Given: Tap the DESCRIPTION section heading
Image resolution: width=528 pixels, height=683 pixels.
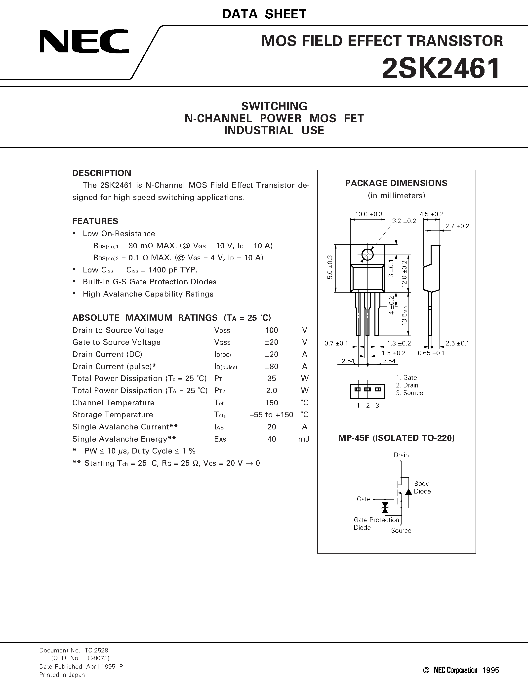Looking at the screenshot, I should pos(102,173).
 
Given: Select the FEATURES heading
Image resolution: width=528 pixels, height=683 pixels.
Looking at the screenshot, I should pos(95,221).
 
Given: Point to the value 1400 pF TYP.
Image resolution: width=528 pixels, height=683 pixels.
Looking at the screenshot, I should pos(162,270).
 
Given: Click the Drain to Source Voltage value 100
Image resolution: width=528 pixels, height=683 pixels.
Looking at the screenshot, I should pos(272,330).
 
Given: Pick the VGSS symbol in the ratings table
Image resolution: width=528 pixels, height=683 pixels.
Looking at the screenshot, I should pos(222,342).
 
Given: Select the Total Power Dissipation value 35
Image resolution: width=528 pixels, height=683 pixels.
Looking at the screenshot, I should pos(272,379).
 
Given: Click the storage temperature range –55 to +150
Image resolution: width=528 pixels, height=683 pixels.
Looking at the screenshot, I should pos(272,415).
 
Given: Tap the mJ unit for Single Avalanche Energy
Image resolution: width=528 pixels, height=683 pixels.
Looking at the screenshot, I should pos(303,439).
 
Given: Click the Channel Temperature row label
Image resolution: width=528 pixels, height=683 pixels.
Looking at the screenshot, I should pos(113,403).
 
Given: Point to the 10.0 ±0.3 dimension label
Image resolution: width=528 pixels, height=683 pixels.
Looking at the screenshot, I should pos(368,214).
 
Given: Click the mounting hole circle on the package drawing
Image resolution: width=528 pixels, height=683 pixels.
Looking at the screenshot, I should pos(367,254).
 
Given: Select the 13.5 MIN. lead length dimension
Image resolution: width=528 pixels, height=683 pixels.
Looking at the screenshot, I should pos(405,314).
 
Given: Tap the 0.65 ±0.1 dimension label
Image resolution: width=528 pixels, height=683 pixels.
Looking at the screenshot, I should pos(431,353).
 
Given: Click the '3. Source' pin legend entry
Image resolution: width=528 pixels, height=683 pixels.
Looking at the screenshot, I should pos(409,393).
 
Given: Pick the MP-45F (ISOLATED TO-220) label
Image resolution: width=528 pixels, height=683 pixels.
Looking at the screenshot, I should pos(396,438).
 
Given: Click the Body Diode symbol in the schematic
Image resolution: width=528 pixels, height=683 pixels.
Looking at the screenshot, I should pos(408,491).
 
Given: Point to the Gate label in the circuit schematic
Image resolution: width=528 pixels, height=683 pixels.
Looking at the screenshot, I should pos(364,499).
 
